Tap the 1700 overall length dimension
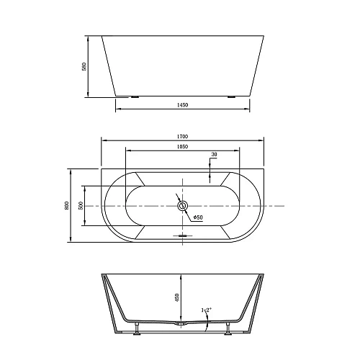point(182,135)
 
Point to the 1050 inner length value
point(182,146)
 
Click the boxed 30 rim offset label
point(213,155)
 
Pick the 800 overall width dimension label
point(66,206)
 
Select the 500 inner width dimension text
point(80,206)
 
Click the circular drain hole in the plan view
point(182,207)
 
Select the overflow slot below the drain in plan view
point(182,235)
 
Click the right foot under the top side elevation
point(231,96)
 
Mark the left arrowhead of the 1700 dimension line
point(102,140)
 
